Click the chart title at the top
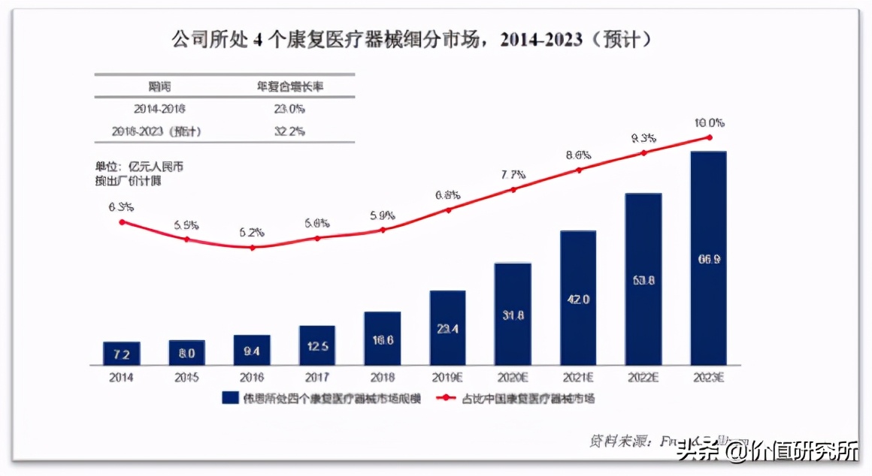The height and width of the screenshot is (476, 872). click(x=412, y=40)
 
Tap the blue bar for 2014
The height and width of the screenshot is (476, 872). click(x=122, y=353)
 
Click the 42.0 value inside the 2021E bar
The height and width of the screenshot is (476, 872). click(x=578, y=299)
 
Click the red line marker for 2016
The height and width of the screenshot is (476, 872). click(x=252, y=247)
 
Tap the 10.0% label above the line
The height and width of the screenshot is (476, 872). click(x=709, y=122)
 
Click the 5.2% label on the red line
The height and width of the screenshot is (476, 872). click(x=252, y=232)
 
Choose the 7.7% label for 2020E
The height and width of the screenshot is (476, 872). click(x=513, y=174)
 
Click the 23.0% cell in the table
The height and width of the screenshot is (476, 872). click(x=289, y=109)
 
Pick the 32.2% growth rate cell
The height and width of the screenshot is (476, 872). click(x=289, y=131)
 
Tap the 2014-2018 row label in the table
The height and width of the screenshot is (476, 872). click(x=159, y=109)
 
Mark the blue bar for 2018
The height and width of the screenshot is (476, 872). click(x=383, y=339)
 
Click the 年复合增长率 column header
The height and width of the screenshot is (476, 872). click(x=289, y=86)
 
